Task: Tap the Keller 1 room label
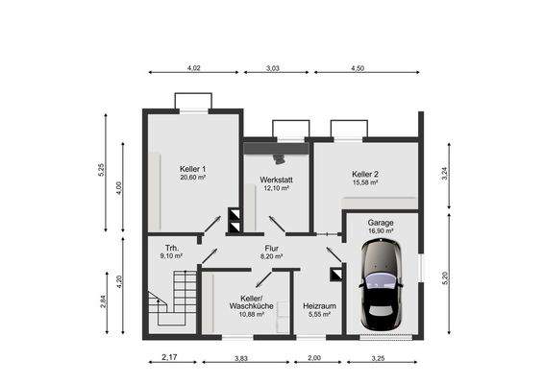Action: point(193,168)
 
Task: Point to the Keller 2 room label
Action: point(365,173)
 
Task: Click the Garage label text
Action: point(381,222)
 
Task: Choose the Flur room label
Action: point(271,248)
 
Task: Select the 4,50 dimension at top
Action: point(357,69)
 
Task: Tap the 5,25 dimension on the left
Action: point(100,168)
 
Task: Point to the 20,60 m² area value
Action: point(193,178)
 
